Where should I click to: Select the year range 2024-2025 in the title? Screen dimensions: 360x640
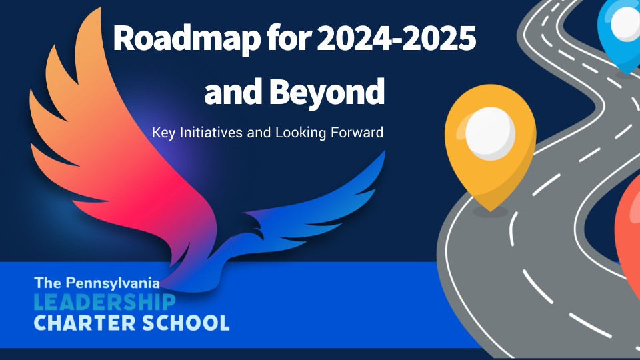click(397, 41)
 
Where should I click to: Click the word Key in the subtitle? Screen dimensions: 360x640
click(162, 132)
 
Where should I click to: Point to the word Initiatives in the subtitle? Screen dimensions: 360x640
click(209, 132)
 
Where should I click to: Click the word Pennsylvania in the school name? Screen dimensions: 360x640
click(111, 283)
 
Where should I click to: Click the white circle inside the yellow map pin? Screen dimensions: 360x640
click(490, 133)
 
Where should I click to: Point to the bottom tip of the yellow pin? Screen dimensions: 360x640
click(490, 209)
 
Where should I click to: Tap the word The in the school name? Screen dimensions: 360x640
click(47, 283)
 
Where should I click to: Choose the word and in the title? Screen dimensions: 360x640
click(233, 92)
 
